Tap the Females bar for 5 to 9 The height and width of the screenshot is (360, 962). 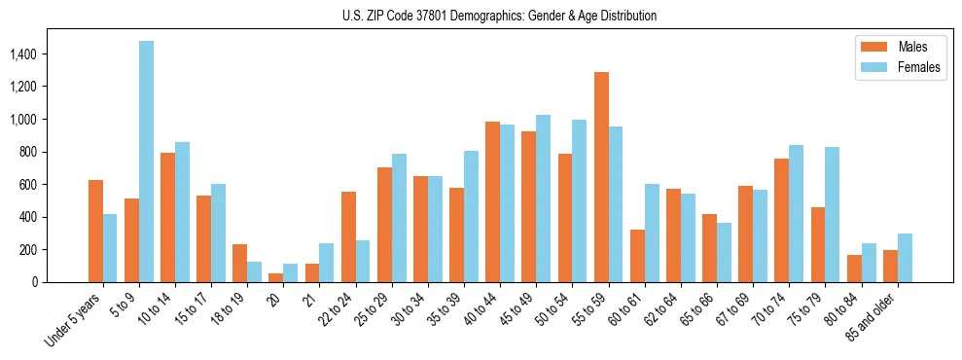[146, 162]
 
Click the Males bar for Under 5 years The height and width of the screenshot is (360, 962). [95, 232]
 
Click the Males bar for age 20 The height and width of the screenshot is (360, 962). [276, 277]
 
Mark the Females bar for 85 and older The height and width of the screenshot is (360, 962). [905, 258]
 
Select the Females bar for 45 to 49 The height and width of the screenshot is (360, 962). [544, 198]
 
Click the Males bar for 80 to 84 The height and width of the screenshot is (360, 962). [854, 269]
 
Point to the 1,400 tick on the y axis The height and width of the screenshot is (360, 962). [23, 54]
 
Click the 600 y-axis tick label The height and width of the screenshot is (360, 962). [27, 184]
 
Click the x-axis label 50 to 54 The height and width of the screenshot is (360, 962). [552, 310]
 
